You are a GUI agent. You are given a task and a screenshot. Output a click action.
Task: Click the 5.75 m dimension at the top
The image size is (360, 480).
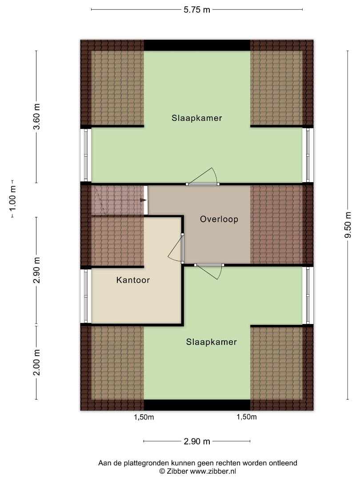coord(197,10)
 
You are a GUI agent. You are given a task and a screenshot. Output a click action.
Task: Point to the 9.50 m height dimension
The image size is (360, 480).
coord(348,225)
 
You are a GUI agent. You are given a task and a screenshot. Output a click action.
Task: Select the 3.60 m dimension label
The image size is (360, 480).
coord(36,116)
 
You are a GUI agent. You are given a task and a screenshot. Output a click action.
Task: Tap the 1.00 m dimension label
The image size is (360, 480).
coord(12,199)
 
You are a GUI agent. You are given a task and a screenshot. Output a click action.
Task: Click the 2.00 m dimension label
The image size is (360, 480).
coord(36,363)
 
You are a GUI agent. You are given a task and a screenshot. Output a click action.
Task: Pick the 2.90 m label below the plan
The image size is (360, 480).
coord(197,441)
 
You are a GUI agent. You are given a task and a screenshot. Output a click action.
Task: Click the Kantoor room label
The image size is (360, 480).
coord(133,280)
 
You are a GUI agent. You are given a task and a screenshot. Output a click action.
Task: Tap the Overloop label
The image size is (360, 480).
coord(219,219)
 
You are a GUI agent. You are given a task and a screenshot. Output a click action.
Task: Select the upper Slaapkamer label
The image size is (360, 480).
coord(197,118)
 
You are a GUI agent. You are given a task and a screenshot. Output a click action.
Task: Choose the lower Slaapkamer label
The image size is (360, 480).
coord(212,342)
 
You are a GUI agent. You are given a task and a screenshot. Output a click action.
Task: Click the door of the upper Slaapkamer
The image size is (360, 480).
coord(202,176)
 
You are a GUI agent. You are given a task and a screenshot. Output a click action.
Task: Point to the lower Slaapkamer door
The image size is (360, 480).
coord(209,271)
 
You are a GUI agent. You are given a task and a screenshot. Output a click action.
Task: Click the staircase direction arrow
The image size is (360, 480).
coord(143,200)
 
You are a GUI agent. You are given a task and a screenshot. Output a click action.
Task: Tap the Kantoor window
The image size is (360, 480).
coord(86,296)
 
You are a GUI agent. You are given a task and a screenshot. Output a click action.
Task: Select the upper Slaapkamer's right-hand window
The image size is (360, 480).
coord(308,155)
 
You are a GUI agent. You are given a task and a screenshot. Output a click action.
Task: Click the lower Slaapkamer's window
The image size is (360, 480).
coord(308,296)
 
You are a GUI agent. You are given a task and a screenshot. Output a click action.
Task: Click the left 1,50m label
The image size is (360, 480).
coord(144,417)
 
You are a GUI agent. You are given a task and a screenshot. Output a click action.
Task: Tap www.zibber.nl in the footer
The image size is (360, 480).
coord(213,472)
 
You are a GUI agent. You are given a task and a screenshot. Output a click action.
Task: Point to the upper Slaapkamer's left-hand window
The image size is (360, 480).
coord(86,155)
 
